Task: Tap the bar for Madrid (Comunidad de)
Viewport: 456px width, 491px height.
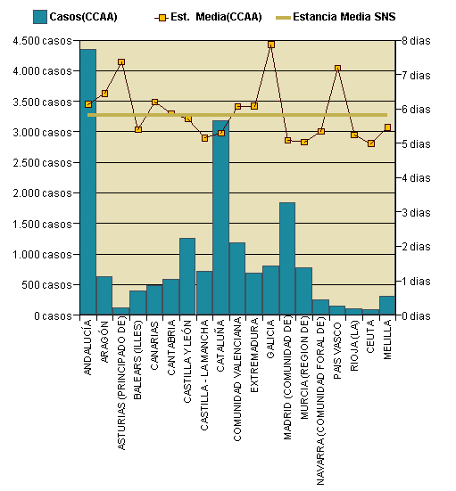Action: [287, 258]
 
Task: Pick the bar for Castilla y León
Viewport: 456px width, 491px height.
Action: [187, 276]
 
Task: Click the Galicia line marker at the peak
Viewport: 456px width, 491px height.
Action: [271, 45]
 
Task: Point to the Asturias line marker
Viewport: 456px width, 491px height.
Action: [121, 62]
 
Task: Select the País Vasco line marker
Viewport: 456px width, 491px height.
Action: [337, 69]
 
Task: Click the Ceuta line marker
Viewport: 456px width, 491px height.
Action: [371, 143]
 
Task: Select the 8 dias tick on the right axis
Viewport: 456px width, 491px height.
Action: [418, 41]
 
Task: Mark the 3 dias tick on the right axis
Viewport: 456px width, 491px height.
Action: [418, 212]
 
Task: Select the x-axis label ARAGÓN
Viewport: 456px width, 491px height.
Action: [104, 342]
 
